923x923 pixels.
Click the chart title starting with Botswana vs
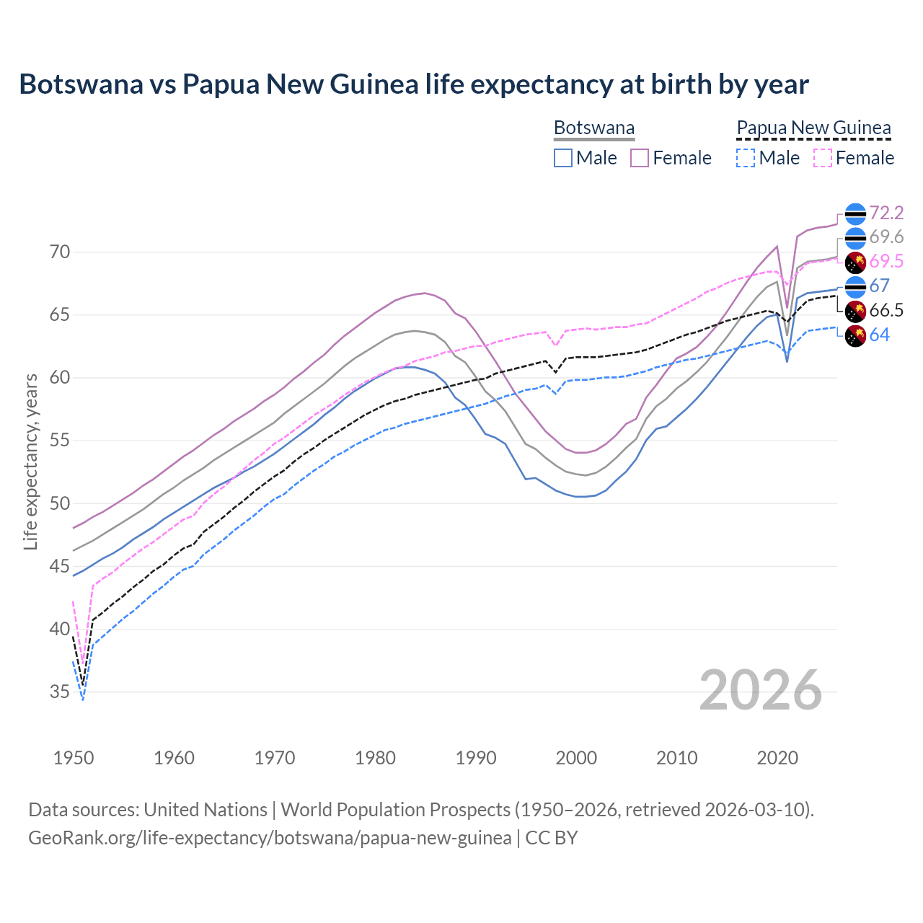point(414,84)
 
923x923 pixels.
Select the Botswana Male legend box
point(563,158)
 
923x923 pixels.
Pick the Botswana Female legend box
point(640,158)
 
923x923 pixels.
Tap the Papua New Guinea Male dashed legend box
point(746,158)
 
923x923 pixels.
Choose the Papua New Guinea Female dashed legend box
point(822,158)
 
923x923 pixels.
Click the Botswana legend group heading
point(594,128)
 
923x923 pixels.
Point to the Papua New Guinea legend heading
point(813,128)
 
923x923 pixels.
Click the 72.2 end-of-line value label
point(886,213)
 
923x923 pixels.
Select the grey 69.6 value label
point(886,237)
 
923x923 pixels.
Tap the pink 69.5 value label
point(886,262)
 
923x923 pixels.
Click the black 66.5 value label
point(886,311)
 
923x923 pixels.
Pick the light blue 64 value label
point(879,335)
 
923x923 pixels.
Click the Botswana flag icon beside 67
point(855,286)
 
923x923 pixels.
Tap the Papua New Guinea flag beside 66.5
point(855,311)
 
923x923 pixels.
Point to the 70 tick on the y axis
point(60,252)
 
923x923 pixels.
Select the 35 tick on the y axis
point(60,692)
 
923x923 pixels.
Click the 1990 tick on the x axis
point(476,758)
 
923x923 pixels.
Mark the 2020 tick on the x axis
point(777,758)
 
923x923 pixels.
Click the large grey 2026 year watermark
point(760,690)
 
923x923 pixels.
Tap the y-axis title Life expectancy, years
point(31,461)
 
